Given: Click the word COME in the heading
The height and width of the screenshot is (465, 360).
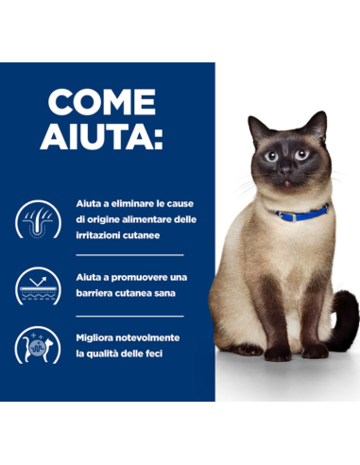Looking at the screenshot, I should point(102,101).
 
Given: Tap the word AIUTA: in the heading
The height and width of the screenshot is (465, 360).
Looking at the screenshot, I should point(102,137).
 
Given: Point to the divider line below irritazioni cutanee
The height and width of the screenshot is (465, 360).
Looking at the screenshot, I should point(129,254).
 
